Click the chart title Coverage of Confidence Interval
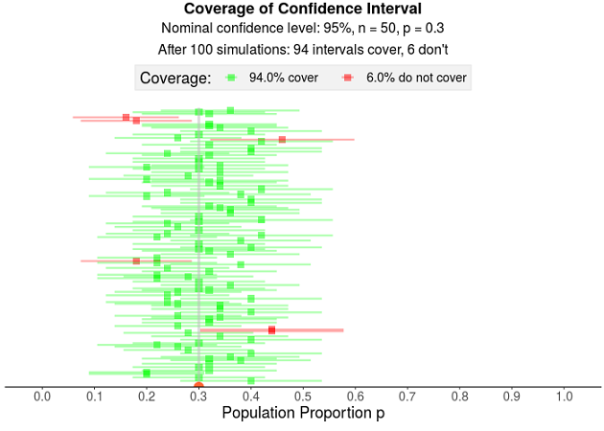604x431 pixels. tap(302, 10)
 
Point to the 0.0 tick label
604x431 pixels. tap(42, 396)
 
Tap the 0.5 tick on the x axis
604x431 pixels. tap(303, 396)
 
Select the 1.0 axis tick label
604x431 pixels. tap(564, 396)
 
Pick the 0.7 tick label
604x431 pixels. tap(407, 396)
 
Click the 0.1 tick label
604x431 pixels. tap(94, 396)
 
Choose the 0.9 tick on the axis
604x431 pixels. tap(512, 396)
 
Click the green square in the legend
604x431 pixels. tap(230, 78)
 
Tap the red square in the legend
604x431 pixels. tap(348, 78)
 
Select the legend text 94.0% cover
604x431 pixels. tap(283, 78)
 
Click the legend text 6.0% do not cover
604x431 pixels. tap(416, 78)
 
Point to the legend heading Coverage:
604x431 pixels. tap(175, 78)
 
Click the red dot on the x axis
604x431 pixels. tap(198, 387)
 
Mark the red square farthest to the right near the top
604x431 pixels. tap(282, 140)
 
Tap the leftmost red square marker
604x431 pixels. tap(126, 117)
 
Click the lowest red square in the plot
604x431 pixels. tap(272, 329)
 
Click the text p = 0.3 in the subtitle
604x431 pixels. tap(416, 29)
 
